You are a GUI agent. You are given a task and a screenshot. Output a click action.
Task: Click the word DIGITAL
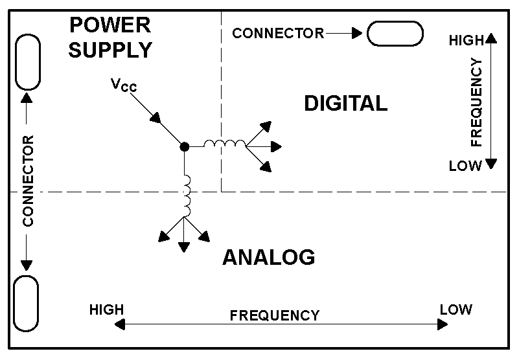click(x=345, y=103)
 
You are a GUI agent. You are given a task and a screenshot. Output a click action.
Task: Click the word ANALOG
click(x=268, y=257)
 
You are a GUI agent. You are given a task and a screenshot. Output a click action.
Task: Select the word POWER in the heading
click(x=110, y=26)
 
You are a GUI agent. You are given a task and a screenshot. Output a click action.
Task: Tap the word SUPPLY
click(x=110, y=50)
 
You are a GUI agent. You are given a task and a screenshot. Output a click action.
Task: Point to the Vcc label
click(x=123, y=85)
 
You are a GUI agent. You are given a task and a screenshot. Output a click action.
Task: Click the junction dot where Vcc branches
click(x=184, y=147)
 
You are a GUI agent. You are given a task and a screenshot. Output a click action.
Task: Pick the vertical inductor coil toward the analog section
click(x=187, y=196)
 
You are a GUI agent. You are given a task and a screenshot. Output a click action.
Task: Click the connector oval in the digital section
click(x=395, y=33)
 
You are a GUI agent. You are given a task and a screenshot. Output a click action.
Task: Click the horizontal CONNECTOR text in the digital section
click(x=278, y=33)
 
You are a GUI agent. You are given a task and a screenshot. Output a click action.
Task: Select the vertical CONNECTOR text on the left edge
click(x=27, y=181)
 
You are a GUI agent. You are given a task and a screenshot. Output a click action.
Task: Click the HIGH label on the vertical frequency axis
click(x=467, y=41)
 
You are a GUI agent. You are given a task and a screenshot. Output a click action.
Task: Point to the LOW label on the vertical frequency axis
click(x=465, y=166)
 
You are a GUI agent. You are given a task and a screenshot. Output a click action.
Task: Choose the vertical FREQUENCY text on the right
click(x=477, y=102)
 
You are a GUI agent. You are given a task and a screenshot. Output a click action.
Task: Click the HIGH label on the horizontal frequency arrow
click(x=107, y=309)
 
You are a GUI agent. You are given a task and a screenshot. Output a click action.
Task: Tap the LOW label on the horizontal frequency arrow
click(x=456, y=309)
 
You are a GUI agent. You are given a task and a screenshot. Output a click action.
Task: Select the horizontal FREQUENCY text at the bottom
click(x=275, y=316)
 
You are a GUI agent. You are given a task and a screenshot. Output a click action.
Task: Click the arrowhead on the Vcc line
click(x=156, y=118)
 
